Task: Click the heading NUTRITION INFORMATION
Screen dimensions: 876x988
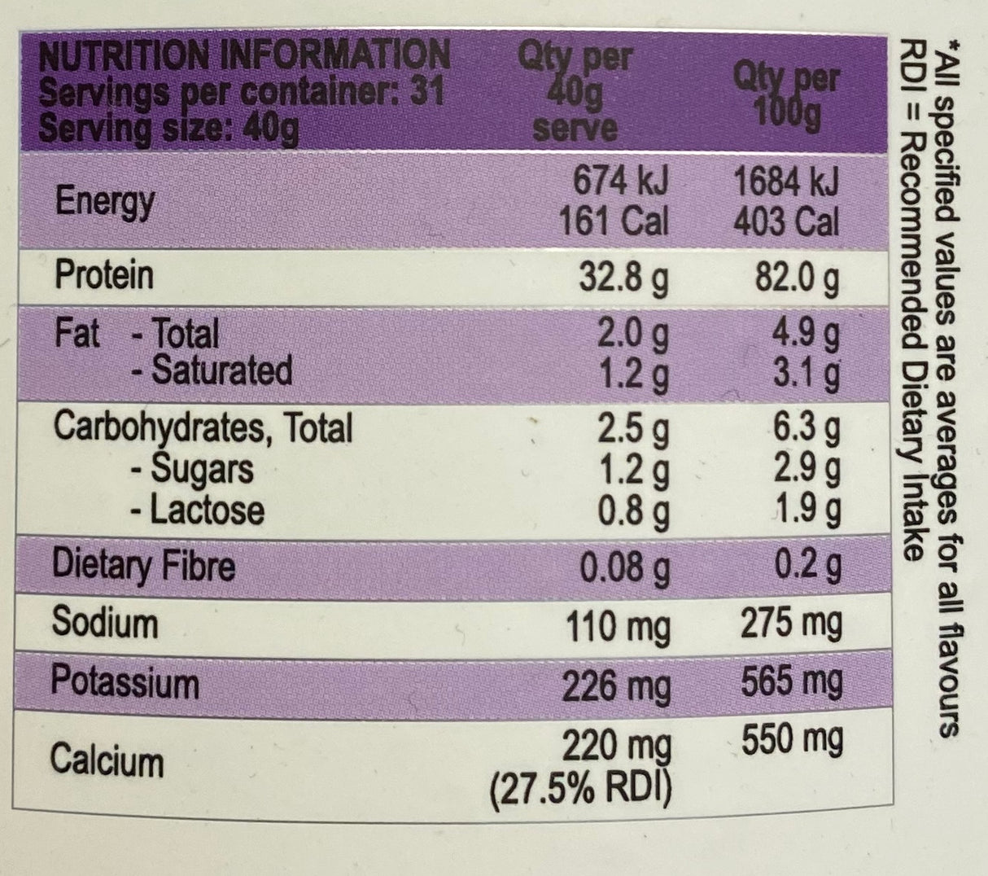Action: point(244,55)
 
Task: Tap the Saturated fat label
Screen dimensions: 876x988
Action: point(212,370)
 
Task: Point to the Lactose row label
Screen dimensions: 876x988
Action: point(198,510)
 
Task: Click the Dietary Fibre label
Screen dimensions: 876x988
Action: point(143,565)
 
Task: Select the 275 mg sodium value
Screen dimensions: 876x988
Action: point(789,624)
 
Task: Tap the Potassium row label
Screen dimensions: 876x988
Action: point(125,681)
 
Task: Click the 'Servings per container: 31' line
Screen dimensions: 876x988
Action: point(242,92)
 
